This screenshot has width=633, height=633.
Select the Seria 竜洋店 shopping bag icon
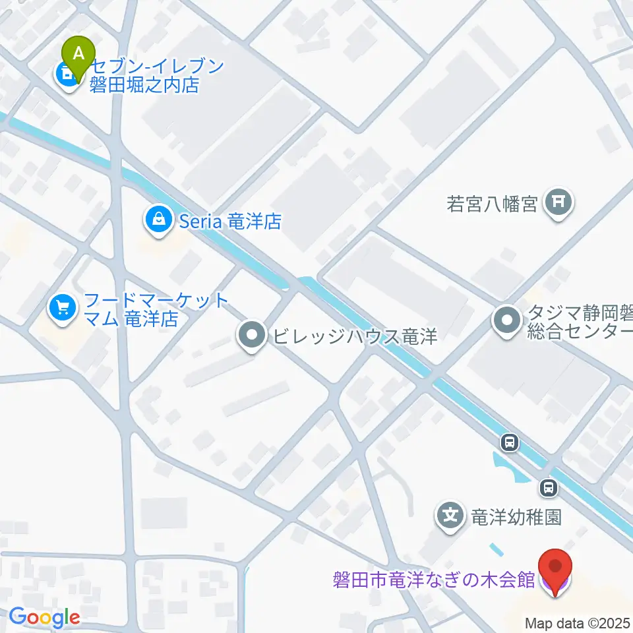[x=159, y=220]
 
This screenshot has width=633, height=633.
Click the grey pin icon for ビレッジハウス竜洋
[x=251, y=337]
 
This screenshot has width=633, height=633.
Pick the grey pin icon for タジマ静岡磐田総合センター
[x=507, y=322]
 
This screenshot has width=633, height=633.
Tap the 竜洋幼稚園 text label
[x=515, y=516]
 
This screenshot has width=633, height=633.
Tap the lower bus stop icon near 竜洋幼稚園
[x=547, y=488]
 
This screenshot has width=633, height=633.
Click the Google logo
[x=44, y=617]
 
